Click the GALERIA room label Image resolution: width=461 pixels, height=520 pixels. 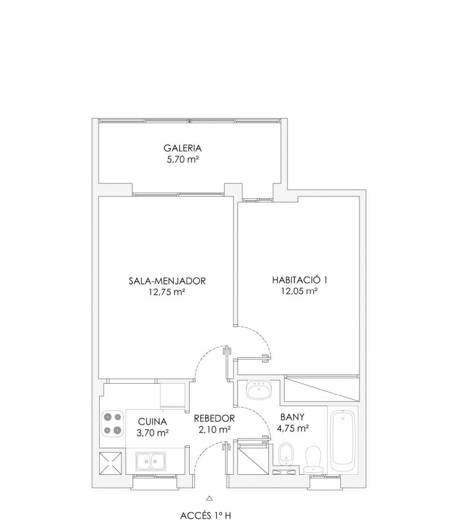click(x=183, y=148)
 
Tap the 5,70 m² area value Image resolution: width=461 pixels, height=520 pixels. click(x=183, y=159)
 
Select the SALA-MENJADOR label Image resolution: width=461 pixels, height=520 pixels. click(x=167, y=281)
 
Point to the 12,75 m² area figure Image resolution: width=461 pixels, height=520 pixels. click(x=167, y=292)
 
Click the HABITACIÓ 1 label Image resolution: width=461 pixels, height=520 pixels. click(x=300, y=280)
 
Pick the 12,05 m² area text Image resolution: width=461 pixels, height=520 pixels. click(x=300, y=291)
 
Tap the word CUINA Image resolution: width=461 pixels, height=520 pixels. click(x=152, y=422)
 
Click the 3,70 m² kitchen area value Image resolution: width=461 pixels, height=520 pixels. click(x=152, y=433)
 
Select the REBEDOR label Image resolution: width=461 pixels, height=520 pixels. click(x=214, y=418)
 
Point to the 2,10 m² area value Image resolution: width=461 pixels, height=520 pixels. click(x=214, y=430)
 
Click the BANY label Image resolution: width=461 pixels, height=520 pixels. click(x=292, y=417)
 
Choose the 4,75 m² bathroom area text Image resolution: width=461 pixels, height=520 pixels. click(x=293, y=428)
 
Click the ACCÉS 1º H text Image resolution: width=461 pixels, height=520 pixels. click(x=205, y=515)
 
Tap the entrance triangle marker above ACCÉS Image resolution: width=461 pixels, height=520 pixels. click(x=209, y=498)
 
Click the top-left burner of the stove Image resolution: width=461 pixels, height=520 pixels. click(x=107, y=417)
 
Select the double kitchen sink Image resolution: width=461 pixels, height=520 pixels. click(x=151, y=461)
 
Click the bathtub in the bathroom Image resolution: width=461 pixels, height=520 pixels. click(x=343, y=437)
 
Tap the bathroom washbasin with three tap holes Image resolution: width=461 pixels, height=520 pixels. click(x=259, y=390)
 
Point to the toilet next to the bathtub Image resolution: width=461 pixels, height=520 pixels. click(x=313, y=460)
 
